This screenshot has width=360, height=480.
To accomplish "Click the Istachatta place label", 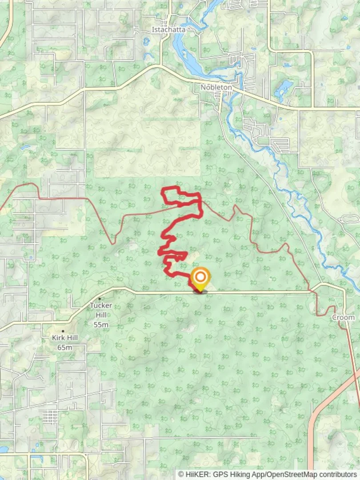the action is point(168,30).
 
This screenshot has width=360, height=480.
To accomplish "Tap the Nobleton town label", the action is point(216,88).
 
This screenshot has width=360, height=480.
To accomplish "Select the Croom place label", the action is point(343,317).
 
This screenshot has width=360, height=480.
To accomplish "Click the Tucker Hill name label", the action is point(101,306).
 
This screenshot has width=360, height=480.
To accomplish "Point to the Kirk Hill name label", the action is point(65,338).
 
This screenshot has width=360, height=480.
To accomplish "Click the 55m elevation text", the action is point(101,324).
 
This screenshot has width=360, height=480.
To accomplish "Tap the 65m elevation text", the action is point(65,347).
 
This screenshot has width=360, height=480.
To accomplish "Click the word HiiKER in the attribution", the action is point(196,474).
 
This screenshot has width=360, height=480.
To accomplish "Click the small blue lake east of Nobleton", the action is point(283,89).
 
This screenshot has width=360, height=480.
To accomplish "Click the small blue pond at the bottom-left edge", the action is point(4,449).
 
